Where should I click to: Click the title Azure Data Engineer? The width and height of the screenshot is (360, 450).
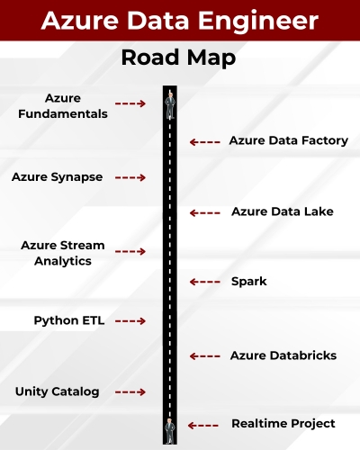[179, 20]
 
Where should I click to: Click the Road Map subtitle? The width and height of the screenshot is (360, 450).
[179, 59]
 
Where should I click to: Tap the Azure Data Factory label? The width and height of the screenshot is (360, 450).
[288, 140]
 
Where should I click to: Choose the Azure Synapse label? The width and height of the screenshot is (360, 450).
[57, 177]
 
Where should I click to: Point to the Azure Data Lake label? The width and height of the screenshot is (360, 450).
[282, 211]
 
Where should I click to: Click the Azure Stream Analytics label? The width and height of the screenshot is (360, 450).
[63, 253]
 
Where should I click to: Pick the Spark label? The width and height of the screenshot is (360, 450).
[248, 282]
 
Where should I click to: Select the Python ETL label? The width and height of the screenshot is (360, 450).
[69, 320]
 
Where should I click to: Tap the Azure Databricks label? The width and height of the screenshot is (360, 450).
[283, 355]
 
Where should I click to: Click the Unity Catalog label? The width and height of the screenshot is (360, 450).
[57, 391]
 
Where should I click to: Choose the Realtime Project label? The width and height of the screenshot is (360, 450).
[283, 424]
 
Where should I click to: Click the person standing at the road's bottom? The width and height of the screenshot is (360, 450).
[169, 429]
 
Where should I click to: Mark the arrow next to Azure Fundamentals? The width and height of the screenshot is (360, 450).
[130, 104]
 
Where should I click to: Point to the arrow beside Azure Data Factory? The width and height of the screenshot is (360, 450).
[205, 141]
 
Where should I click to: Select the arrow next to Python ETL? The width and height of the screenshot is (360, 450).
[130, 320]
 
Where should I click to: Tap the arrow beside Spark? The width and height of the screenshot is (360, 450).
[205, 282]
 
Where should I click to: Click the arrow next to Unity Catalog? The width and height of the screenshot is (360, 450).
[130, 392]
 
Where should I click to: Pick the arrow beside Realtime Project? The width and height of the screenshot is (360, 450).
[204, 425]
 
